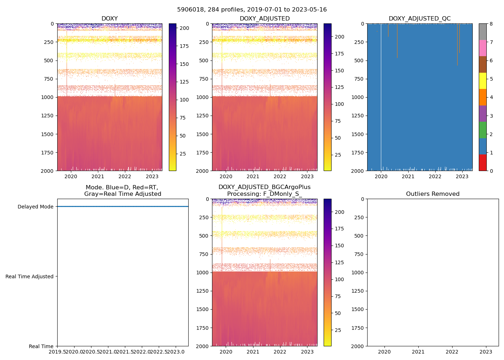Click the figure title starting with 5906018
coord(252,10)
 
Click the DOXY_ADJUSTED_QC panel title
coord(419,19)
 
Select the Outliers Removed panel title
coord(433,194)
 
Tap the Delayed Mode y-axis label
coord(35,207)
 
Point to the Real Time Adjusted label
coord(30,276)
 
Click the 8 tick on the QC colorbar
coord(491,24)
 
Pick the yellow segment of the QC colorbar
coord(483,81)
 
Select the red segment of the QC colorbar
coord(483,162)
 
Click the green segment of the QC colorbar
coord(483,130)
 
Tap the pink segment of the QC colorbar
coord(483,48)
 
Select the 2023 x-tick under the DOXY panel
coord(152,176)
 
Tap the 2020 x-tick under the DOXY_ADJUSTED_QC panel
coord(381,176)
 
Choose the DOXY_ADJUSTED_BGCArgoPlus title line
coord(265,187)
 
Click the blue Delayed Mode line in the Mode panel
coord(122,207)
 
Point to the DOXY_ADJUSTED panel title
coord(265,19)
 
